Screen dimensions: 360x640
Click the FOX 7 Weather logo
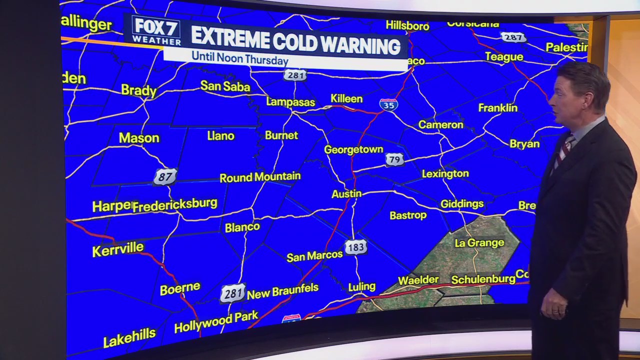pyautogui.click(x=156, y=30)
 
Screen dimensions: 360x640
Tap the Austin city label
pyautogui.click(x=346, y=193)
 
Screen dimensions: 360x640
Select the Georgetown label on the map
pyautogui.click(x=353, y=149)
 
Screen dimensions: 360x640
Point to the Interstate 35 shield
pyautogui.click(x=388, y=104)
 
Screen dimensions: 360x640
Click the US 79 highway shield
pyautogui.click(x=394, y=159)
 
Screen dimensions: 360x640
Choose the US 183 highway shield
pyautogui.click(x=355, y=247)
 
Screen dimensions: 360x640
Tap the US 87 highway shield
pyautogui.click(x=165, y=176)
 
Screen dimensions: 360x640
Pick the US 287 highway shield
pyautogui.click(x=513, y=37)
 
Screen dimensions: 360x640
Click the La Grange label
pyautogui.click(x=479, y=243)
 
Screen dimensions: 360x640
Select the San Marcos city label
pyautogui.click(x=314, y=256)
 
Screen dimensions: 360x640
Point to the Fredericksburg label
pyautogui.click(x=175, y=204)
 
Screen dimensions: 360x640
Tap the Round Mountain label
pyautogui.click(x=260, y=177)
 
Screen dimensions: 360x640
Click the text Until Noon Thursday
pyautogui.click(x=240, y=59)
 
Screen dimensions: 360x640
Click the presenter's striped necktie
pyautogui.click(x=563, y=150)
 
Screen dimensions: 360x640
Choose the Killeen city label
pyautogui.click(x=346, y=98)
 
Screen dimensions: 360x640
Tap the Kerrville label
pyautogui.click(x=118, y=249)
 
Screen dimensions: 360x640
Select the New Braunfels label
pyautogui.click(x=282, y=291)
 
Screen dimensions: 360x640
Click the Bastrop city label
pyautogui.click(x=408, y=215)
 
